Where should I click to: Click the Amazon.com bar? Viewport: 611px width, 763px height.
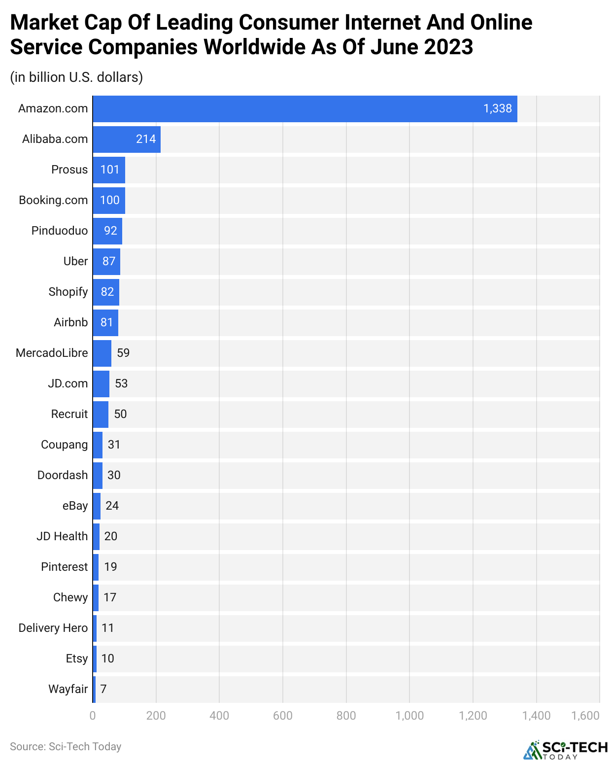tap(305, 109)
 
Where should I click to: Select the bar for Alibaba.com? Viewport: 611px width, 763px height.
tap(127, 139)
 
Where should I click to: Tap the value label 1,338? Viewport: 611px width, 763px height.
tap(497, 109)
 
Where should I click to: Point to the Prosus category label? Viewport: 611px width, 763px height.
tap(69, 170)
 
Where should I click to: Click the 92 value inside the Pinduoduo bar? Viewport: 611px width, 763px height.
tap(110, 231)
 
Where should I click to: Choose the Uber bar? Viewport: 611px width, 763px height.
tap(106, 262)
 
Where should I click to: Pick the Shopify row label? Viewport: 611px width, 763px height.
tap(68, 292)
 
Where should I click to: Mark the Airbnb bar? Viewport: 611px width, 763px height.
tap(105, 323)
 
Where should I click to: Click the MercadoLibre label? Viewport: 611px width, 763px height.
tap(52, 353)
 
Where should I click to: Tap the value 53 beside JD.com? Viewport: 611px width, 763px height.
tap(121, 384)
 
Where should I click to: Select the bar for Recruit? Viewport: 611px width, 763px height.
tap(101, 415)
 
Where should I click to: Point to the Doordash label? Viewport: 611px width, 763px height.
tap(63, 476)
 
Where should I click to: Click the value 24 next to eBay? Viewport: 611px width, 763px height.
tap(112, 506)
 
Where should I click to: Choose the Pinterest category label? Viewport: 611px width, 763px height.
tap(64, 567)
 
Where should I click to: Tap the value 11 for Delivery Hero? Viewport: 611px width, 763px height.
tap(107, 628)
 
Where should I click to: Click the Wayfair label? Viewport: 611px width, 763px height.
tap(68, 690)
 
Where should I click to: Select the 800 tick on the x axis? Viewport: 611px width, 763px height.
tap(346, 716)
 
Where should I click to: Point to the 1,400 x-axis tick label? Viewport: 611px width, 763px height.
tap(536, 716)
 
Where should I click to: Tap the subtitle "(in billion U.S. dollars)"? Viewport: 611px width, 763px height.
tap(76, 77)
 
